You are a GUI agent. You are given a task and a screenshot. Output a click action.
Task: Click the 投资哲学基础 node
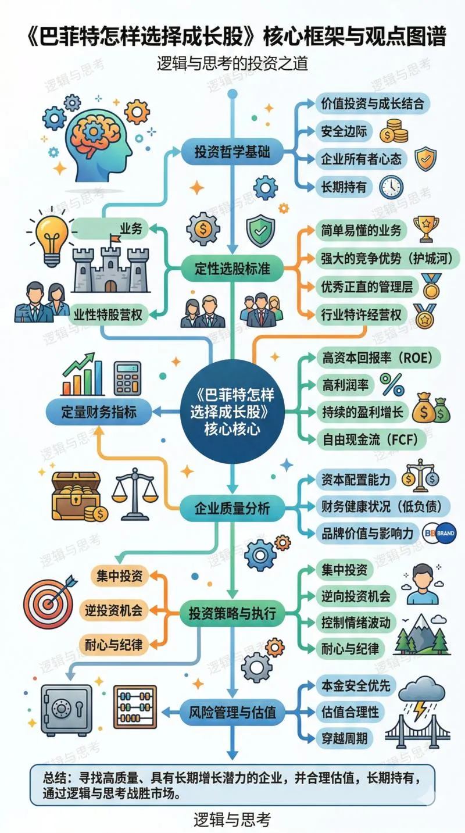point(231,153)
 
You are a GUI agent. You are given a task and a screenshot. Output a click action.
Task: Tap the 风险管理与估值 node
point(231,711)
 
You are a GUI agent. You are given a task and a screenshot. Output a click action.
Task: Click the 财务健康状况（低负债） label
point(382,506)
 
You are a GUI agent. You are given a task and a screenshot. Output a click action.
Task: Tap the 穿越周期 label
point(344,738)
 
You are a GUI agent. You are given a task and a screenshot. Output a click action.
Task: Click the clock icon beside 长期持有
point(391,187)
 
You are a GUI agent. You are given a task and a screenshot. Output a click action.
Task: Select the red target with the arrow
point(49,598)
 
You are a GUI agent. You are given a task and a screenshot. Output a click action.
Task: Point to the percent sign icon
point(392,384)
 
